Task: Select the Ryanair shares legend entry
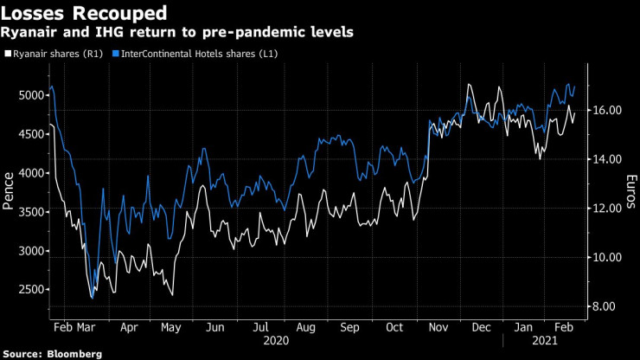pos(54,54)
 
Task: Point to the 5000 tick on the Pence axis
pos(32,95)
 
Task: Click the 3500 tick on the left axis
pos(32,212)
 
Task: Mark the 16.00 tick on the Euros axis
pos(607,111)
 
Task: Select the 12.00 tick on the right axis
pos(607,209)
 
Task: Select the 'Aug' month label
pos(305,329)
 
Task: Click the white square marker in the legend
pos(8,54)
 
